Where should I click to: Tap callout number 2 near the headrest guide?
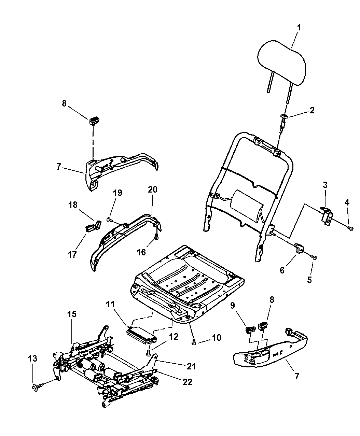click(x=312, y=110)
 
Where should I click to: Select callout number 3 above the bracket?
click(x=325, y=185)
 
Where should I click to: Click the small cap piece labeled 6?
click(x=299, y=248)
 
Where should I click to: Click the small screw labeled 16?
click(x=156, y=237)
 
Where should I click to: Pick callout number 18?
click(x=73, y=205)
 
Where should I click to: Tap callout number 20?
click(x=152, y=189)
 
